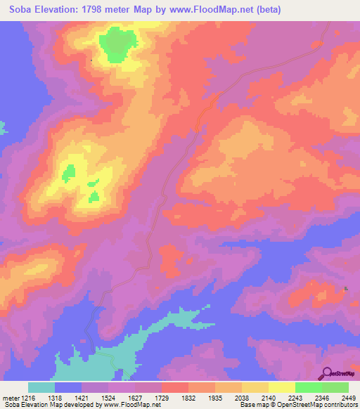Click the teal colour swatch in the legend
41,387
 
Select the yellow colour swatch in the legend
281,387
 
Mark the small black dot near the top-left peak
91,60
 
